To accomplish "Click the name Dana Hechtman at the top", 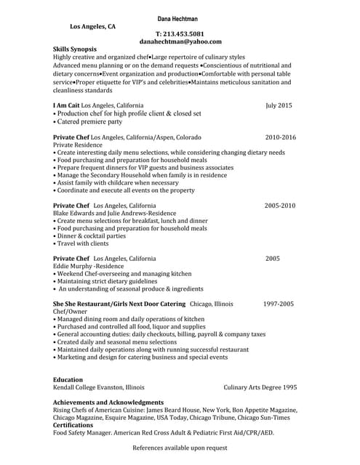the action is (180, 17).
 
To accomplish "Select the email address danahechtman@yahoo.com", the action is (180, 42).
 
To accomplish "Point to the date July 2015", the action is (279, 105).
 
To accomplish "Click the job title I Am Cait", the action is (66, 105).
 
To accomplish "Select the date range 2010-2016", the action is (281, 137).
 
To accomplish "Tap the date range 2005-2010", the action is (280, 206).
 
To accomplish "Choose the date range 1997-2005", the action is (279, 303).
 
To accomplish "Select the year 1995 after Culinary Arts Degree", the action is (289, 387).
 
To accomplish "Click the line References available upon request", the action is (180, 448).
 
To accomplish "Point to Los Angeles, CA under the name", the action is (92, 26).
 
